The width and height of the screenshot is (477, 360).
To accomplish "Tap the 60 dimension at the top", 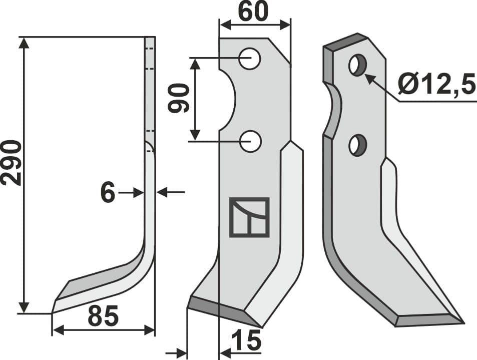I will (252, 12).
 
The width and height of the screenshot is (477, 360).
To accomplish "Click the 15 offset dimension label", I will (247, 341).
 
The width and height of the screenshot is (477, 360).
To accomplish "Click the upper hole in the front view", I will (249, 59).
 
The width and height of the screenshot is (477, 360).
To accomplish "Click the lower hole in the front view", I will (249, 142).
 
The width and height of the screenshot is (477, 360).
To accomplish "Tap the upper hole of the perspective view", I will (357, 66).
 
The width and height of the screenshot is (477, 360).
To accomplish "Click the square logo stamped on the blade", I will (249, 217).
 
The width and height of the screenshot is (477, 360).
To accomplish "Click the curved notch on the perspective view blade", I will (332, 110).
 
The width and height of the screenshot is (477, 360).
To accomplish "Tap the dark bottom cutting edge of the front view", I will (220, 307).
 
